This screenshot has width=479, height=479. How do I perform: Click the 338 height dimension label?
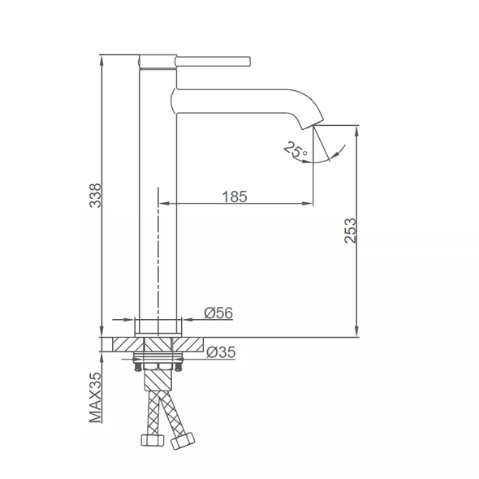coord(95,196)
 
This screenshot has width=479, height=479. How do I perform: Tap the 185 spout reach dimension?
coord(235,196)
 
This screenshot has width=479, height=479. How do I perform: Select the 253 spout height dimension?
coord(351,231)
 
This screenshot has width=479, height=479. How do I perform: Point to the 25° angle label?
coord(295,149)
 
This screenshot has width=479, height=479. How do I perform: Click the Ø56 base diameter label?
coord(218,313)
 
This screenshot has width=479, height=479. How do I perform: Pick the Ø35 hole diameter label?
coord(221,352)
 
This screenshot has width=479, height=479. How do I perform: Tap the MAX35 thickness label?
coord(95,398)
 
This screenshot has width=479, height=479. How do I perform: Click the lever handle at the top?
coord(213,61)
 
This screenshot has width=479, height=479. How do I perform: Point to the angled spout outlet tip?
coord(313,124)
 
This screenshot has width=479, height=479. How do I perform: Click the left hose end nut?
coord(152,440)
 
